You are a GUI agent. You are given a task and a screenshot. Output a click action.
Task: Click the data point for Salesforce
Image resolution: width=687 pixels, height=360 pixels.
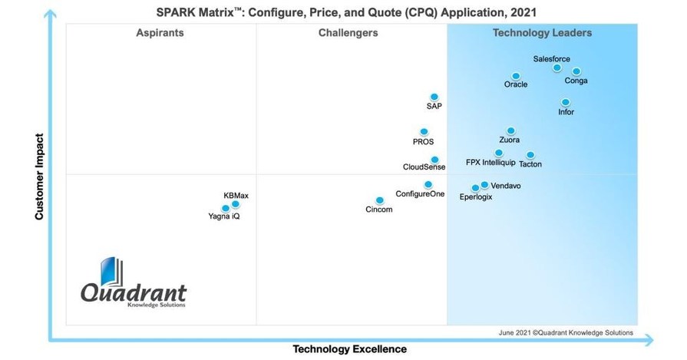click(x=557, y=68)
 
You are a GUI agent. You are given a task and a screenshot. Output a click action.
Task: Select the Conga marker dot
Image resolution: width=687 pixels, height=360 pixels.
click(x=576, y=71)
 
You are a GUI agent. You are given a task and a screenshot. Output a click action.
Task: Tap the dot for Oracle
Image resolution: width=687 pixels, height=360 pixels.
click(x=516, y=76)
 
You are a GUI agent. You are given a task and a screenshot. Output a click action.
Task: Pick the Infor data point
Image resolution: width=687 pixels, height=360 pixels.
click(x=566, y=102)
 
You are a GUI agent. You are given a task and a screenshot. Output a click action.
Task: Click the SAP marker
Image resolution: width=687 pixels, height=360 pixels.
click(x=434, y=97)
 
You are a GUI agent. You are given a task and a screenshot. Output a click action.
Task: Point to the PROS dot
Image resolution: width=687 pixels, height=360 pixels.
click(x=424, y=132)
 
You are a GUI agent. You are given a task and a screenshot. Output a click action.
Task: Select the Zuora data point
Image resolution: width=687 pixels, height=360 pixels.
click(x=511, y=131)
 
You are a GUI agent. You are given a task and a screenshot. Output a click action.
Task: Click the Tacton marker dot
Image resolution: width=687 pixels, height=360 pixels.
click(x=530, y=155)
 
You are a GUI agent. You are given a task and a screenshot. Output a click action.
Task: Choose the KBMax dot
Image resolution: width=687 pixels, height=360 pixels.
click(x=236, y=204)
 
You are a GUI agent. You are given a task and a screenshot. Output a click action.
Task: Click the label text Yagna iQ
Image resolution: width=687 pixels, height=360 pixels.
click(x=224, y=216)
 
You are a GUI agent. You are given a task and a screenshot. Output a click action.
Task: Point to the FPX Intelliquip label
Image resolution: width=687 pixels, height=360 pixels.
click(x=490, y=163)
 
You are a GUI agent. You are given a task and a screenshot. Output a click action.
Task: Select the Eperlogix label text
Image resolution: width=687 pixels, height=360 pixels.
click(x=475, y=197)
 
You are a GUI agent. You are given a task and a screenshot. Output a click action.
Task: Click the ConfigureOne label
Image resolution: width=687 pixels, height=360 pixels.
click(x=420, y=194)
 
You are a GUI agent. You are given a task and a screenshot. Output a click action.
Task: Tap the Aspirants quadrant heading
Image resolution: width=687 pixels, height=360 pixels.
click(x=160, y=33)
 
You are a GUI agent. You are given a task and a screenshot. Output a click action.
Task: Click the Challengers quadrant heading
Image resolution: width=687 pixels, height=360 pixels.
click(x=348, y=33)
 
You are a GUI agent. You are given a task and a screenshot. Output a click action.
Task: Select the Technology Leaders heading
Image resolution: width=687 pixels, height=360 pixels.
click(x=542, y=33)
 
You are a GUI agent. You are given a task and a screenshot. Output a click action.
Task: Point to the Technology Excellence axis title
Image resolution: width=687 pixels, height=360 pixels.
click(x=349, y=349)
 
